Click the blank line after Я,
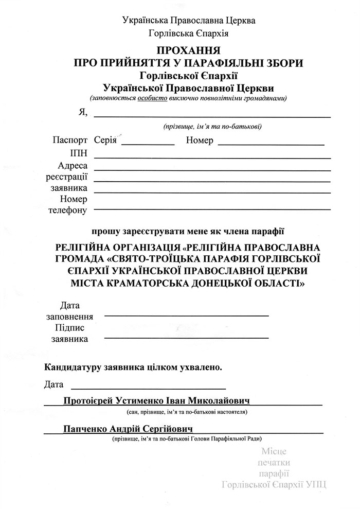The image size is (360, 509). coord(211,116)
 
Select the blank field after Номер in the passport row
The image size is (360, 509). coord(271,144)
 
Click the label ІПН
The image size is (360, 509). coord(78,154)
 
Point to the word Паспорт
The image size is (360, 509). coord(70,141)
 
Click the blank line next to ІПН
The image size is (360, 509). coord(211,157)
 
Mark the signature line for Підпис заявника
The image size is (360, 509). coord(186,337)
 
